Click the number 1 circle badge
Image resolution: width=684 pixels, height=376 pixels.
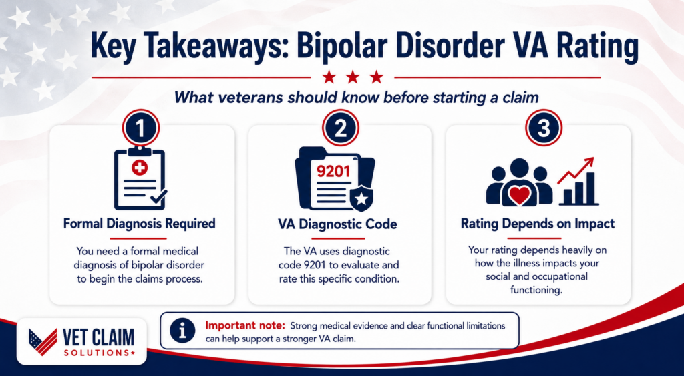point(140,128)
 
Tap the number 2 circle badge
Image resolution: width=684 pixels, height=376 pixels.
point(340,128)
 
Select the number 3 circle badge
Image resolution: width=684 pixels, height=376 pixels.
point(543,128)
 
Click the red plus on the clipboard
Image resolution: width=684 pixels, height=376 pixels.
point(140,167)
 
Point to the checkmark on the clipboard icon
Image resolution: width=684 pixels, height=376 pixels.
point(158,197)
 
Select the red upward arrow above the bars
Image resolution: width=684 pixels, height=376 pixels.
point(576,170)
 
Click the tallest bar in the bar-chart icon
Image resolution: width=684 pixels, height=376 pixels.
point(591,188)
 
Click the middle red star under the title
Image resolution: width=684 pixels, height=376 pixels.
point(353,77)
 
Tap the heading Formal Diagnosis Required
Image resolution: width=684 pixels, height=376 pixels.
point(139,224)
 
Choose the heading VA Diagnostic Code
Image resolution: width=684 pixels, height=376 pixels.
point(337,224)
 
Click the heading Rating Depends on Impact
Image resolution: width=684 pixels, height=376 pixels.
point(538,224)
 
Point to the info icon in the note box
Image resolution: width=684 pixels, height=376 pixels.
point(182,331)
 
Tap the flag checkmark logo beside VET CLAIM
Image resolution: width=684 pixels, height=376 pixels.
point(43,341)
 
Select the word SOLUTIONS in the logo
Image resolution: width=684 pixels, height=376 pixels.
point(97,352)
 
